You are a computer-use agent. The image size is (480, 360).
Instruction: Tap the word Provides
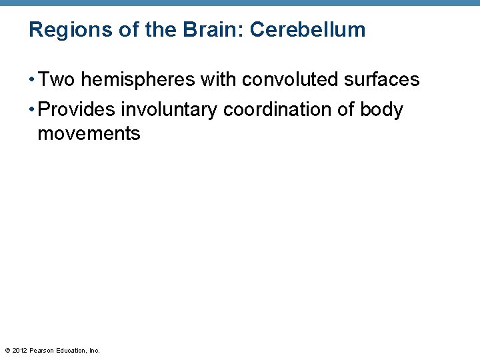77,109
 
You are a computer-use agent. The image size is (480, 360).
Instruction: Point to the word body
382,109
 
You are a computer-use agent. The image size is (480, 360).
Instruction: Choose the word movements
89,133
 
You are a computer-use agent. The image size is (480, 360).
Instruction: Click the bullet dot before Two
32,81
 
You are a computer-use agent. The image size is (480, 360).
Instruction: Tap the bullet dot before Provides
32,110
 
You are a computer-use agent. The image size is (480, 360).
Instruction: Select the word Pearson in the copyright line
42,350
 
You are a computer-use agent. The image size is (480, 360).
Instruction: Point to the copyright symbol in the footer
7,350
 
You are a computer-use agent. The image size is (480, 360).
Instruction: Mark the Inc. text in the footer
94,350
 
